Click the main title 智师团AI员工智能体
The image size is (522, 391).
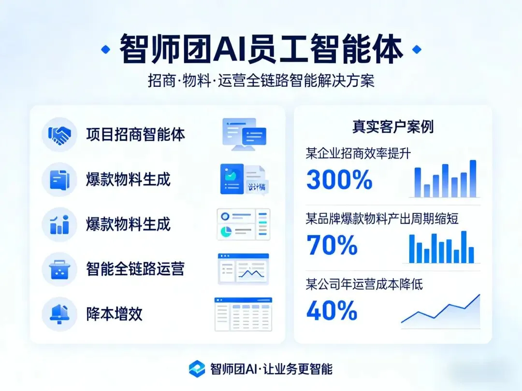pyautogui.click(x=261, y=49)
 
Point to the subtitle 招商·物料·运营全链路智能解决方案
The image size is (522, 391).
pyautogui.click(x=261, y=80)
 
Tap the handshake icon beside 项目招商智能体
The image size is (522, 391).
pyautogui.click(x=59, y=135)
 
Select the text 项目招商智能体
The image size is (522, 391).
pyautogui.click(x=135, y=135)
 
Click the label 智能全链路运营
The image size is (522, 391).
pyautogui.click(x=135, y=269)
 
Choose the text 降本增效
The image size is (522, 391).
pyautogui.click(x=115, y=314)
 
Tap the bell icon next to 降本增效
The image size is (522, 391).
pyautogui.click(x=59, y=314)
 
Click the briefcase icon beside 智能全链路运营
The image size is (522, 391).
pyautogui.click(x=59, y=269)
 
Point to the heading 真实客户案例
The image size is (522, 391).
pyautogui.click(x=392, y=126)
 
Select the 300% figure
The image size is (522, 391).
pyautogui.click(x=339, y=181)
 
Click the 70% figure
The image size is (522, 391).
pyautogui.click(x=332, y=245)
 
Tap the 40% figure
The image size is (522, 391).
pyautogui.click(x=332, y=310)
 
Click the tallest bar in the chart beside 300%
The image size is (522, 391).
pyautogui.click(x=473, y=178)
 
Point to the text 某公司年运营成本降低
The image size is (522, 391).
pyautogui.click(x=364, y=284)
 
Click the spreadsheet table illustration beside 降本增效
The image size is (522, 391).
pyautogui.click(x=243, y=314)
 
